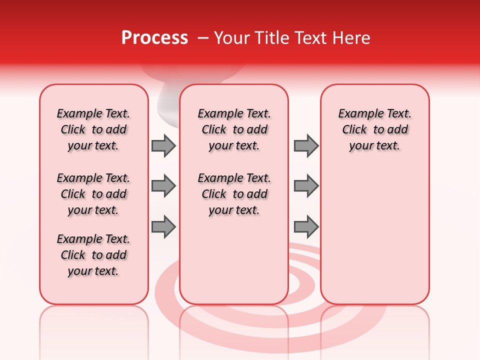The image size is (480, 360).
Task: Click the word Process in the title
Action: (154, 38)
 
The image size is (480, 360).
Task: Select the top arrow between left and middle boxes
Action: (163, 145)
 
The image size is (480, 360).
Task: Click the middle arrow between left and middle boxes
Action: (163, 186)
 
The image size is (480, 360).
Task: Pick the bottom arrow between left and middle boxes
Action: (163, 227)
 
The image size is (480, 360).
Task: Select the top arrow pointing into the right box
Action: (306, 145)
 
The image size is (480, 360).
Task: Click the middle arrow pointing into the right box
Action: (306, 186)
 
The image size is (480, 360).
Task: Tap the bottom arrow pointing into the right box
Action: (306, 227)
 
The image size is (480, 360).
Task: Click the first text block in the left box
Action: (93, 129)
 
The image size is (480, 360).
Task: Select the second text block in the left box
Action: (93, 194)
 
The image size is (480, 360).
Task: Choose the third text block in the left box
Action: (93, 255)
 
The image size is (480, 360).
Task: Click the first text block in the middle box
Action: (234, 129)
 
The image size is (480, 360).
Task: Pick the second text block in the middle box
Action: (234, 194)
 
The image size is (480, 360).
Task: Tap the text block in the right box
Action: (374, 129)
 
